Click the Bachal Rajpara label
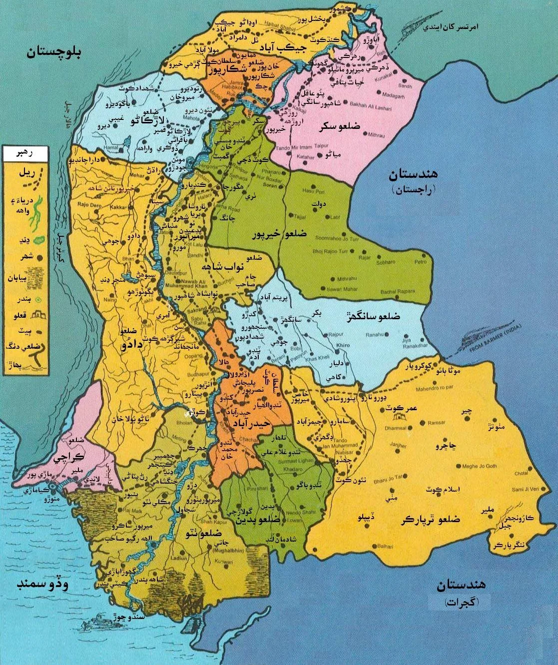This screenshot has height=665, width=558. (395, 291)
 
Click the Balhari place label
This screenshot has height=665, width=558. (386, 547)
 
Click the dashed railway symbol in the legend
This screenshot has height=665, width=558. (28, 184)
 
